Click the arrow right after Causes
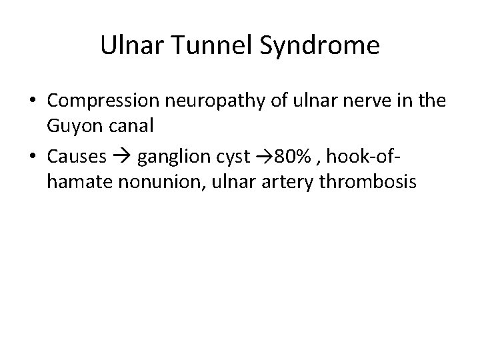pyautogui.click(x=123, y=158)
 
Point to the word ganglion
pyautogui.click(x=173, y=157)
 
